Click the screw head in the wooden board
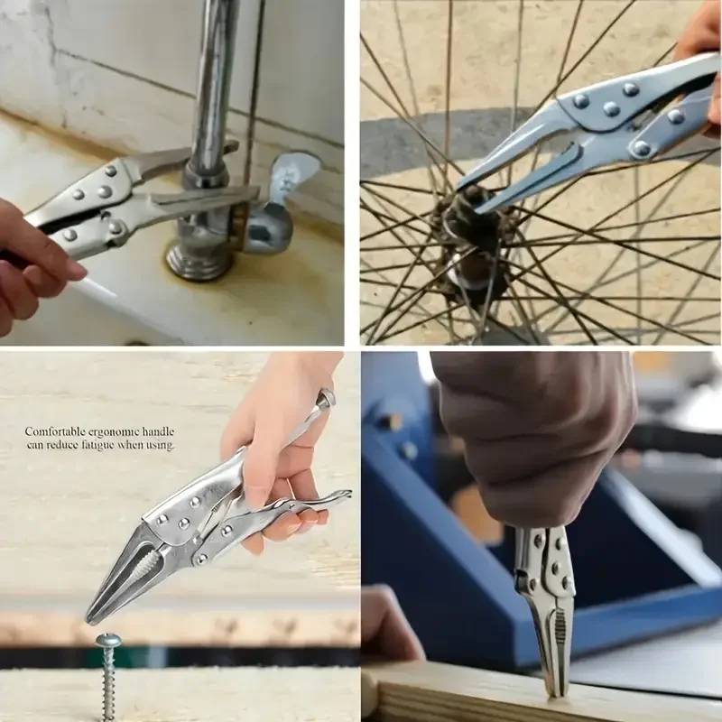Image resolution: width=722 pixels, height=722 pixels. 108,640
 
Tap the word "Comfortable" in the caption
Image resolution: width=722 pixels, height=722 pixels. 54,432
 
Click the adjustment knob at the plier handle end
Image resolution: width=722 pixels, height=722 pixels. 326,397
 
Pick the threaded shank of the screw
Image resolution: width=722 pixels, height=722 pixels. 108,681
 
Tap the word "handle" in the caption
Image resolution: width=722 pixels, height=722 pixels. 158,432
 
